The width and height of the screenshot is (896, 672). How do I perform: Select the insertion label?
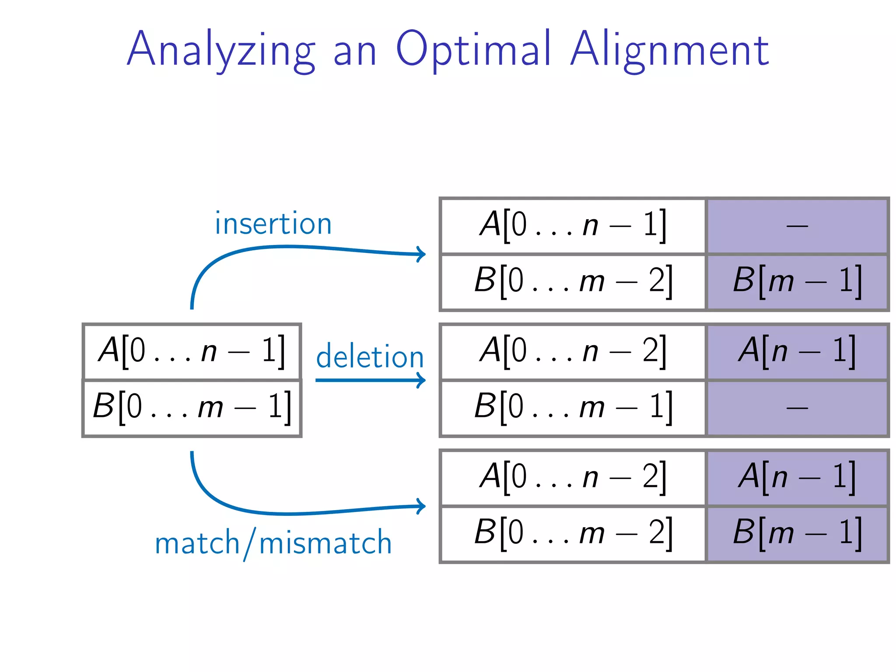(x=273, y=224)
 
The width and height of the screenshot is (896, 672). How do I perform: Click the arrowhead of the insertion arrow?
(x=421, y=254)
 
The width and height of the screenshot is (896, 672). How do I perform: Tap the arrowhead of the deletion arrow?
(x=421, y=380)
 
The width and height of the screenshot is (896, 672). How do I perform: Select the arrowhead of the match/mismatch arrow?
(x=421, y=506)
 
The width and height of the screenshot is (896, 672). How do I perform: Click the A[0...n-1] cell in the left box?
(x=192, y=351)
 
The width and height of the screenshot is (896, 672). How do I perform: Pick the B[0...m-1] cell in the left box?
(x=192, y=408)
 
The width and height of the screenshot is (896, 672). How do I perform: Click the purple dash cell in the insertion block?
(x=797, y=226)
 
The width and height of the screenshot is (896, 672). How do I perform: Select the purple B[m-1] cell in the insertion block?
(x=797, y=282)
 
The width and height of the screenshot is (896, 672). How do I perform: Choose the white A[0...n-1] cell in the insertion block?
(x=573, y=226)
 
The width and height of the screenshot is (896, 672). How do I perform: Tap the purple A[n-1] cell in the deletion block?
(x=797, y=352)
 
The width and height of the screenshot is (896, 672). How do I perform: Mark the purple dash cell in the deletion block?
(x=797, y=408)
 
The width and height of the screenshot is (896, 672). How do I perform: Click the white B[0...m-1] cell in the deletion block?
(x=573, y=408)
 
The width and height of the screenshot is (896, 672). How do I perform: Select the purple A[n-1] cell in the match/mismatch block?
(x=797, y=478)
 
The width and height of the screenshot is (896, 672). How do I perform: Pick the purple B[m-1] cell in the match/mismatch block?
(x=797, y=534)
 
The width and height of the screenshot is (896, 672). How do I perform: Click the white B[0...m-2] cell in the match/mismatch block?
(x=573, y=534)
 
